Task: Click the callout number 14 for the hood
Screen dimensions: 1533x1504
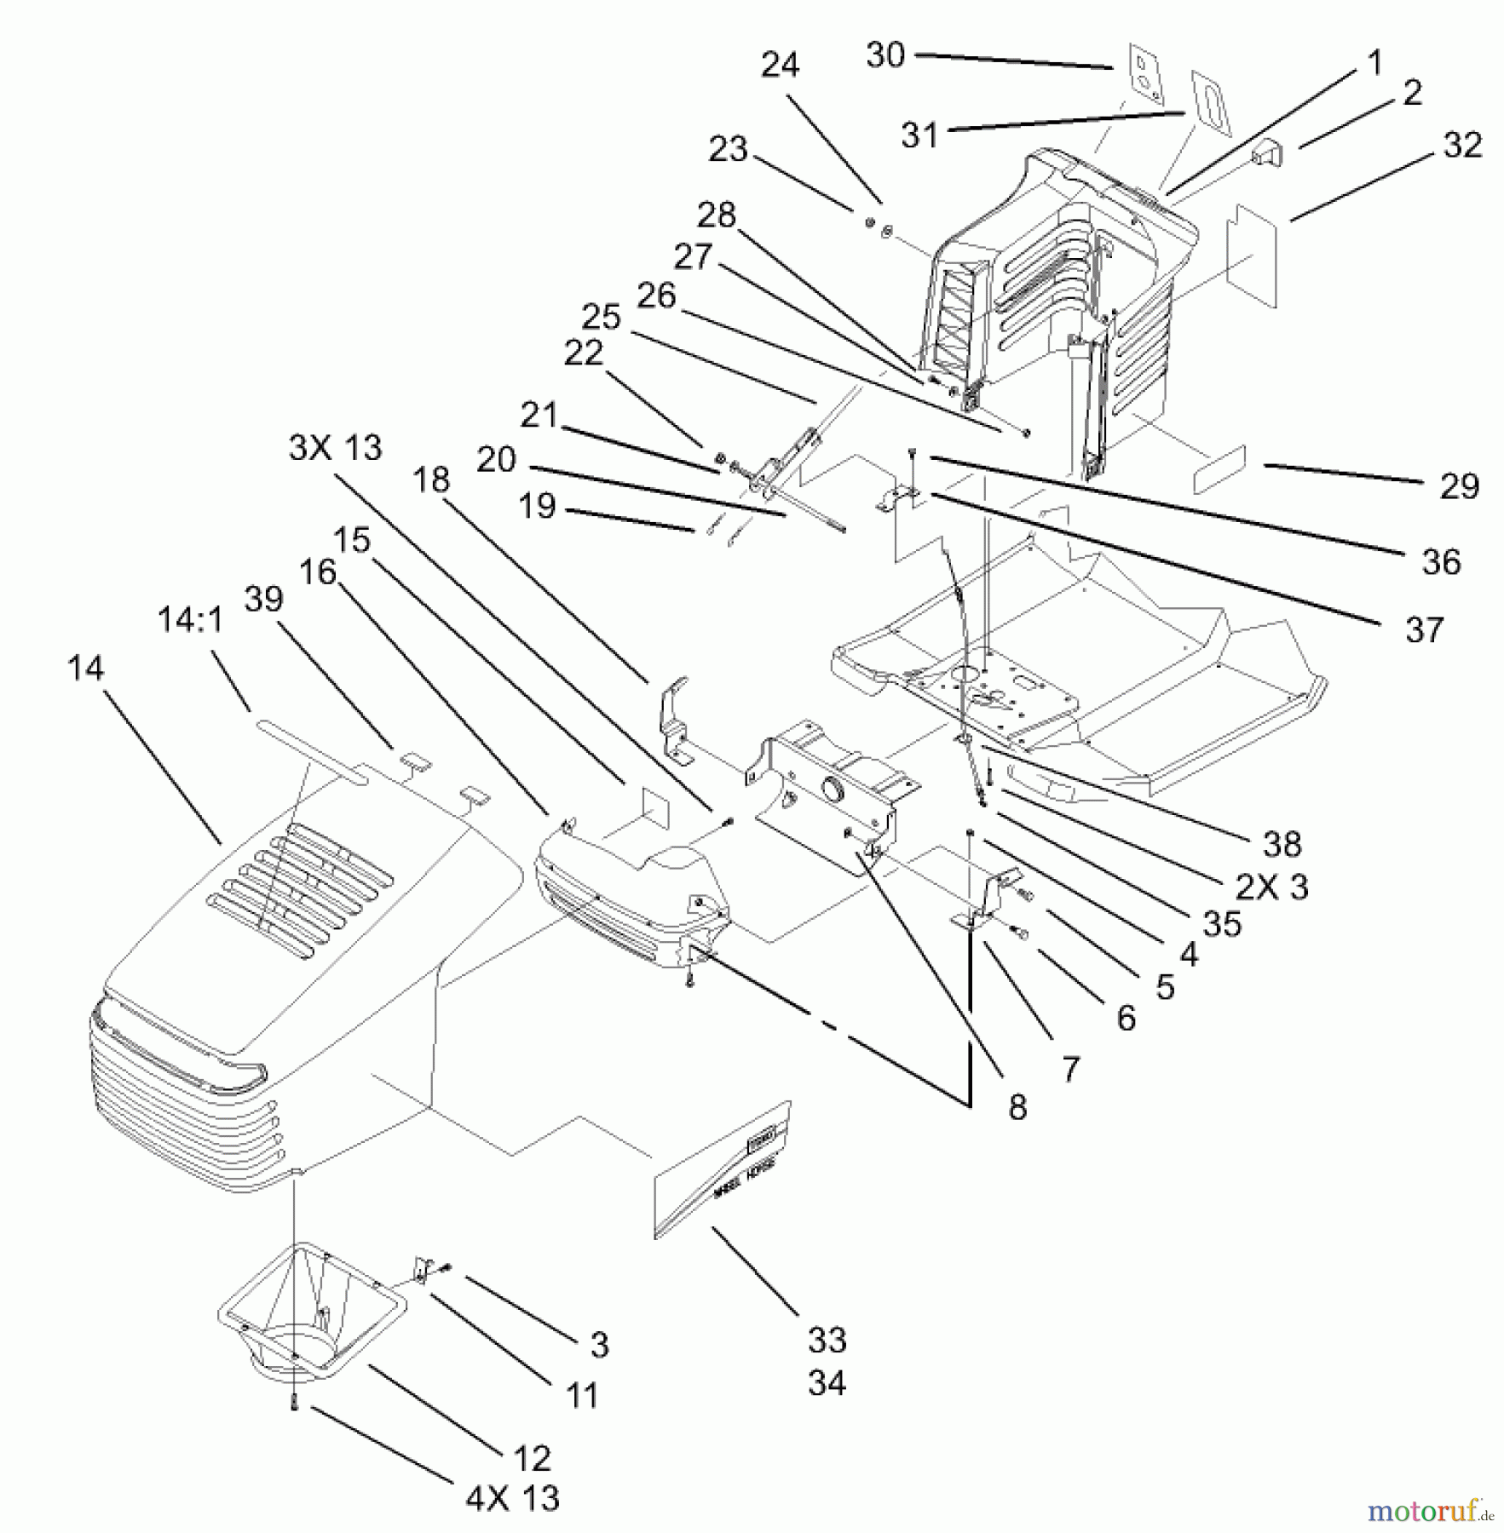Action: (x=86, y=669)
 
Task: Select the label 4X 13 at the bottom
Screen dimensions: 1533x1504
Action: (x=512, y=1497)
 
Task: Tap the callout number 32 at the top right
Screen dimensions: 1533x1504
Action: (x=1462, y=145)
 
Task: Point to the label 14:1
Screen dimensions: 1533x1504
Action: (x=191, y=620)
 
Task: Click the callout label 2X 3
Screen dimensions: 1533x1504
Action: (x=1272, y=887)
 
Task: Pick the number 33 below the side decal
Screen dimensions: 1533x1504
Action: (x=827, y=1340)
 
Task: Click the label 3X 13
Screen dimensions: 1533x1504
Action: (x=336, y=447)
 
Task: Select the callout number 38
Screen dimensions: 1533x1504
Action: (x=1282, y=844)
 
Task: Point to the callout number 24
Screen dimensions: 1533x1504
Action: (x=780, y=65)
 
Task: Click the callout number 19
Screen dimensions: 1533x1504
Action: (x=537, y=506)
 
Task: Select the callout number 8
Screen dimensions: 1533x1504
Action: (x=1017, y=1107)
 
